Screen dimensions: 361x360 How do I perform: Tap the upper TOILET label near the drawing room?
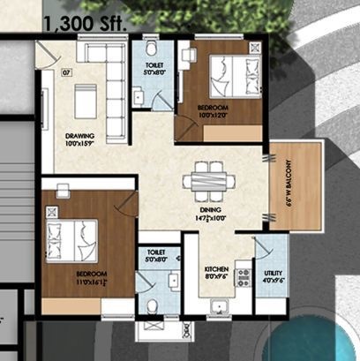[x=154, y=71]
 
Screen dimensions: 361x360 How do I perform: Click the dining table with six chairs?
[x=208, y=181]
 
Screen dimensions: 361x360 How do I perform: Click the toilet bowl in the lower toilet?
[x=153, y=306]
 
